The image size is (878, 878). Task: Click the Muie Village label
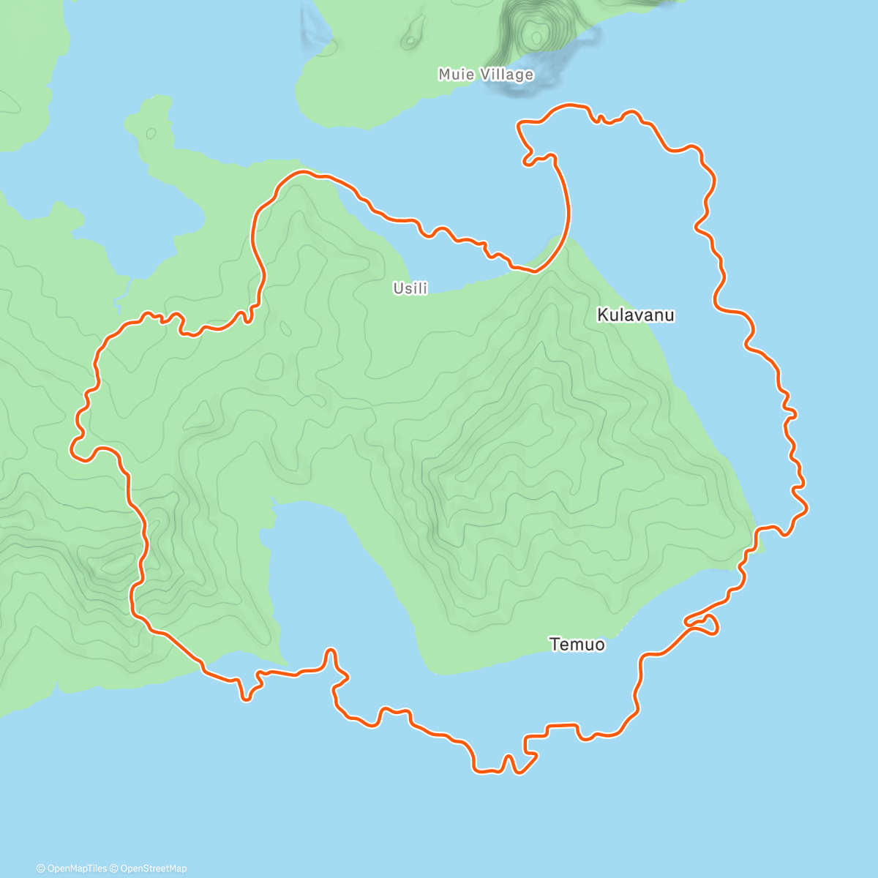click(x=486, y=75)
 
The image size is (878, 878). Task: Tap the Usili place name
click(x=410, y=288)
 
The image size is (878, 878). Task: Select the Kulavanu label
click(x=636, y=315)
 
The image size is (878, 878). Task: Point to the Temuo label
click(x=577, y=645)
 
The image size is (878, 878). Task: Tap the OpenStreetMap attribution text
click(x=153, y=868)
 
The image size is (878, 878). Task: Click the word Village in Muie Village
click(x=507, y=75)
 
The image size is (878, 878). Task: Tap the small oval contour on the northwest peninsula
click(x=151, y=134)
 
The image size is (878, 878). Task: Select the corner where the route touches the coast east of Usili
click(x=534, y=271)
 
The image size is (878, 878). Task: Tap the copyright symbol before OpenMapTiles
click(x=40, y=868)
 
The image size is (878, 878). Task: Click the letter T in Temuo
click(x=554, y=645)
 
